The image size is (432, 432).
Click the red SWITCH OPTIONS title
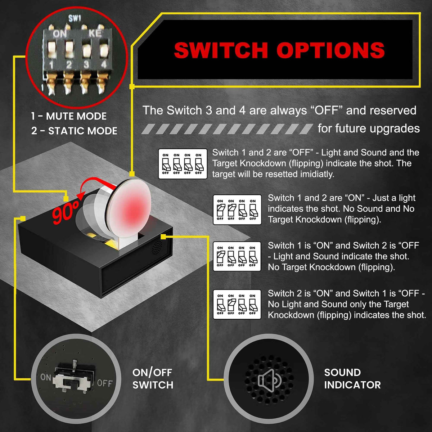(x=279, y=50)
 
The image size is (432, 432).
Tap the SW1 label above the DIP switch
(x=75, y=19)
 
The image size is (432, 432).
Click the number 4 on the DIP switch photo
(x=104, y=64)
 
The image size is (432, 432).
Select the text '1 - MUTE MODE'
(x=69, y=116)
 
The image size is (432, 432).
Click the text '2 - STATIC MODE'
(x=74, y=131)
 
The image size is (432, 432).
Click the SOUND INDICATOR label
(x=352, y=379)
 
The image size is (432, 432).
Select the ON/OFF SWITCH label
(x=153, y=379)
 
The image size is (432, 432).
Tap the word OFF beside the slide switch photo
(x=105, y=383)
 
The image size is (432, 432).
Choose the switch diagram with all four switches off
(x=183, y=164)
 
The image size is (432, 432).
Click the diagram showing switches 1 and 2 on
(x=237, y=210)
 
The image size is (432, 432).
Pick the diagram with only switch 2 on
(x=237, y=305)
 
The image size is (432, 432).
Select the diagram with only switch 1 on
(x=237, y=256)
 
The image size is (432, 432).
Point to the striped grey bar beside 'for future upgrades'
(x=227, y=129)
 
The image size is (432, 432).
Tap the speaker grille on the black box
(x=157, y=247)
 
